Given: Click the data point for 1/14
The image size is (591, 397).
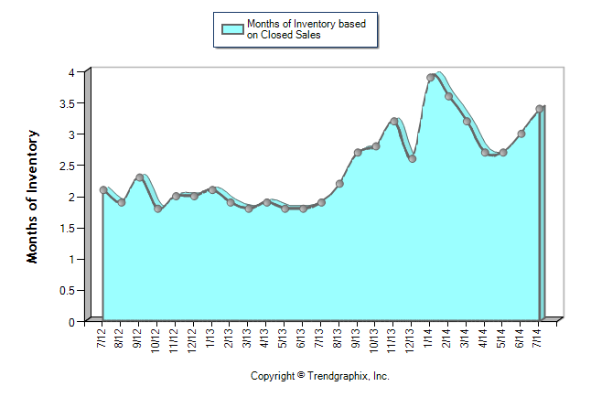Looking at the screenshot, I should click(x=430, y=78).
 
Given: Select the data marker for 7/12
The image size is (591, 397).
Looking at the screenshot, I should click(x=102, y=190).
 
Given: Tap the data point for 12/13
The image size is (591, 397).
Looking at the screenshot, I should click(x=412, y=159).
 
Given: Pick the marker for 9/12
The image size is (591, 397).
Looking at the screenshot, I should click(x=139, y=177).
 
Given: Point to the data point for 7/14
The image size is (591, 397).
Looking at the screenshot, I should click(x=540, y=109).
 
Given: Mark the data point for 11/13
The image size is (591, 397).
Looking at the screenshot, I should click(x=393, y=121).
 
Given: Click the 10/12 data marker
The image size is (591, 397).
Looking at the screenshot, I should click(x=157, y=209).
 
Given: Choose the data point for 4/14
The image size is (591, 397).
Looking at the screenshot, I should click(x=485, y=153).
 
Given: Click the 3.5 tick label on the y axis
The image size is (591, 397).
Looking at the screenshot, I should click(x=70, y=103).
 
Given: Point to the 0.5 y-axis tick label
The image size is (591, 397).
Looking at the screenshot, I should click(x=70, y=291).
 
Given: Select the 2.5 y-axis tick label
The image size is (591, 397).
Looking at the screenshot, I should click(x=70, y=166).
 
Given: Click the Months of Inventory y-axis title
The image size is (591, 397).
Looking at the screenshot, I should click(x=33, y=197).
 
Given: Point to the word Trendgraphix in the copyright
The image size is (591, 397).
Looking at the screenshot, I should click(x=339, y=376).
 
